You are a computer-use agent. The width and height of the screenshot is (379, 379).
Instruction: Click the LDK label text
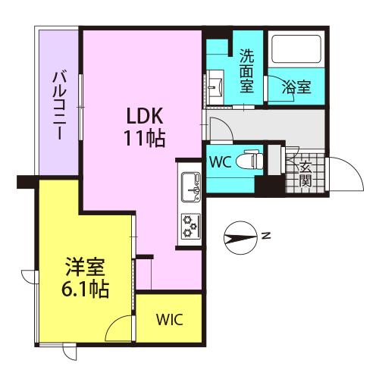(x=145, y=116)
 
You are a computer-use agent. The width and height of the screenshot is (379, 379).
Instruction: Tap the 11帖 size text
(x=145, y=139)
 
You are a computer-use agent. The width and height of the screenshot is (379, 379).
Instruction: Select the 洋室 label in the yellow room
(x=85, y=267)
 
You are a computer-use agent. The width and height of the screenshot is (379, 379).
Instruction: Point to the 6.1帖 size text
(x=85, y=289)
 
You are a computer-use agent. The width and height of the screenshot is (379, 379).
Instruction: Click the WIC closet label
(x=169, y=320)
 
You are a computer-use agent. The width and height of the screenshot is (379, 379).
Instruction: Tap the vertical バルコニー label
(x=60, y=105)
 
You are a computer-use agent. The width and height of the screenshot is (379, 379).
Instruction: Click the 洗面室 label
(x=246, y=70)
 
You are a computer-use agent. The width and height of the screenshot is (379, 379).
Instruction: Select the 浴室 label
(x=296, y=87)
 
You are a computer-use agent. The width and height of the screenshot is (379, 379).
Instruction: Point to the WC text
(x=221, y=162)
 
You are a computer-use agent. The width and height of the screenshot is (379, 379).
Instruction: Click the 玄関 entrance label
(x=305, y=174)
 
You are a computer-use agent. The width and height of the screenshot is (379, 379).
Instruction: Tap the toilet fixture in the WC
(x=249, y=160)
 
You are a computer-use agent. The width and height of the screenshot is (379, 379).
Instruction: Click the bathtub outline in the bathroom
(x=296, y=49)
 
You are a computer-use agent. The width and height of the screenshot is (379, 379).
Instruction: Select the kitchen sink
(x=191, y=187)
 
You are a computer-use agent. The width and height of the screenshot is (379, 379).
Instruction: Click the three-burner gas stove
(x=191, y=226)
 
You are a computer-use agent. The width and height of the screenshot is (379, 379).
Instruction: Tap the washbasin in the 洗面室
(x=215, y=87)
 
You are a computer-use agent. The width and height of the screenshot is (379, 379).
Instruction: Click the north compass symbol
(x=241, y=238)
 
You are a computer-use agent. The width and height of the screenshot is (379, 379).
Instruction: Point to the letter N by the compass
(x=266, y=236)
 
